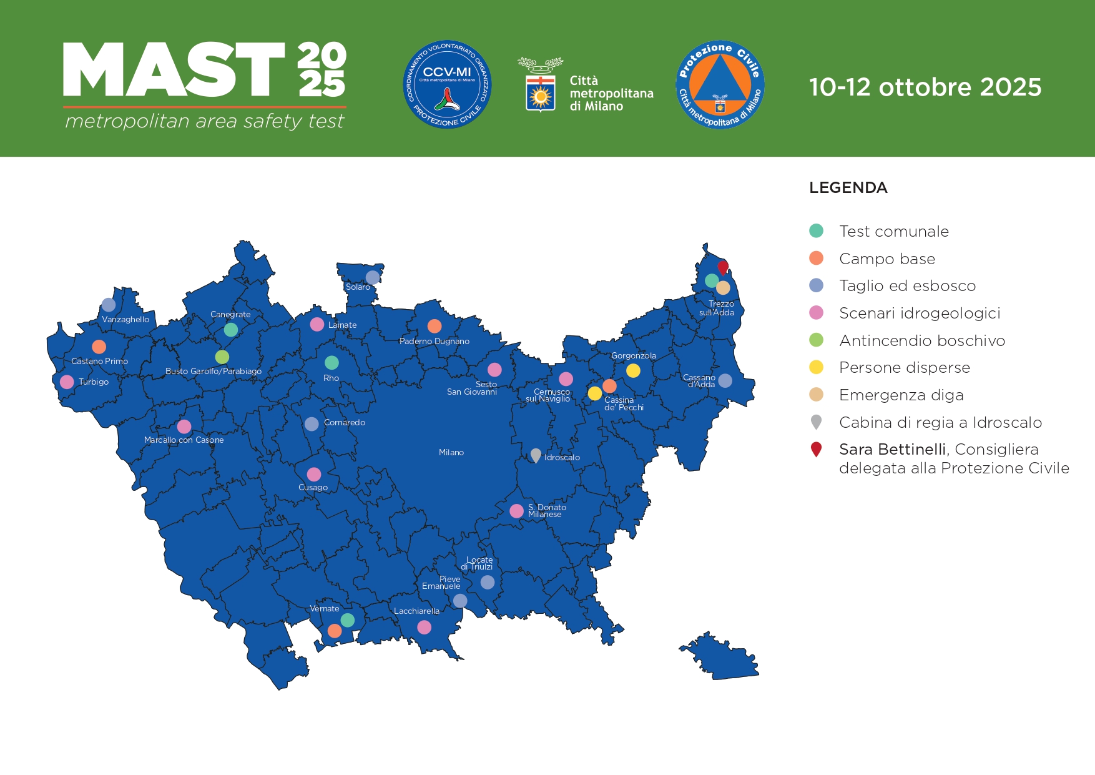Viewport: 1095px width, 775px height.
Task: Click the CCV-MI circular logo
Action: [447, 85]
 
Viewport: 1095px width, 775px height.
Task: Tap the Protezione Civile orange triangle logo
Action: [720, 85]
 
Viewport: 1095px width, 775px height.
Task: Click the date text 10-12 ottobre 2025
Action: [925, 87]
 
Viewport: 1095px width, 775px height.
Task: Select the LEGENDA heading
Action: [848, 188]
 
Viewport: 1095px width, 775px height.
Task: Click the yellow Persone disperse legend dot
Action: [816, 367]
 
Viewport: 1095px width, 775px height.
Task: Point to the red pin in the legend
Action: [816, 449]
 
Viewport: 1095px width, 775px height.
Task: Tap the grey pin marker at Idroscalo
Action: [536, 455]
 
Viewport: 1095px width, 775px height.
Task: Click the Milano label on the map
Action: [451, 453]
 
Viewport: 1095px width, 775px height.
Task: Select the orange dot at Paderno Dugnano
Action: [435, 326]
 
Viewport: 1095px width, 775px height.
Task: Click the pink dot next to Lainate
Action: [317, 324]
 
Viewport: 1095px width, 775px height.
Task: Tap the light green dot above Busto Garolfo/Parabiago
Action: [222, 357]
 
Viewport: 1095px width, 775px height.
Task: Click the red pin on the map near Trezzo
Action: [723, 267]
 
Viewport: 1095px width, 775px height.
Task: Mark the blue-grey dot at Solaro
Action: [373, 277]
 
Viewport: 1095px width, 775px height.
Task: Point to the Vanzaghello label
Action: [125, 320]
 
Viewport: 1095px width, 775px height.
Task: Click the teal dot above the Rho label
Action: [331, 363]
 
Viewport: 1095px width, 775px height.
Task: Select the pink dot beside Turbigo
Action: [67, 382]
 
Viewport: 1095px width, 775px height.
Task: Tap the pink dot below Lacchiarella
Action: [424, 627]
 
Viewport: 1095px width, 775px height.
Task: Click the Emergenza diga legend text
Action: [901, 395]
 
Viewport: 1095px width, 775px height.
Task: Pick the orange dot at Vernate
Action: [335, 631]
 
